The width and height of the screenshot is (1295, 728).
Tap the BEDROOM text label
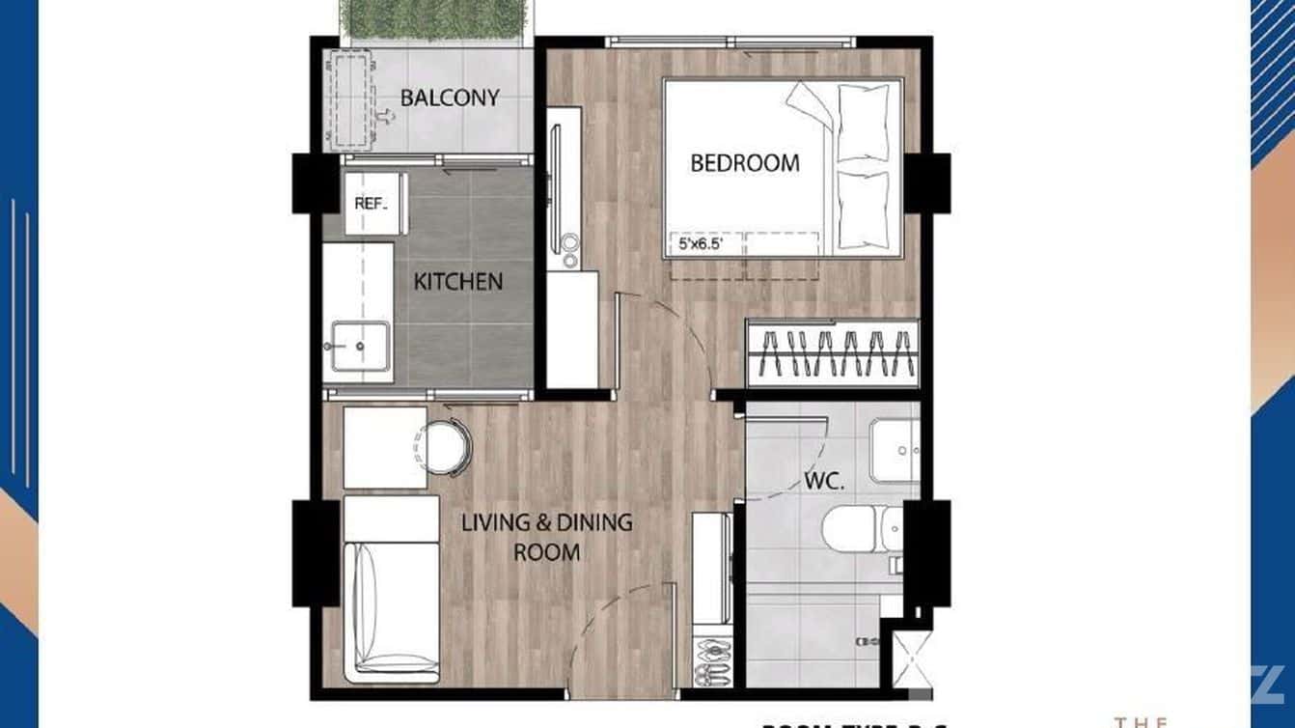coord(744,162)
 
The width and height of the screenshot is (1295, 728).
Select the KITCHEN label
coord(458,282)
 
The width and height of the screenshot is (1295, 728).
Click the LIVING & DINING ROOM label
coord(546,538)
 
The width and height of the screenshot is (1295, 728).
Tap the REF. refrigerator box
coord(372,204)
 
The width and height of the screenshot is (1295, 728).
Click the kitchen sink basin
coord(360,346)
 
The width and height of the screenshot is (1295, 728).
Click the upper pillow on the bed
coord(864,123)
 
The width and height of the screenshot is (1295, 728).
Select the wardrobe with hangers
coord(833,353)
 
